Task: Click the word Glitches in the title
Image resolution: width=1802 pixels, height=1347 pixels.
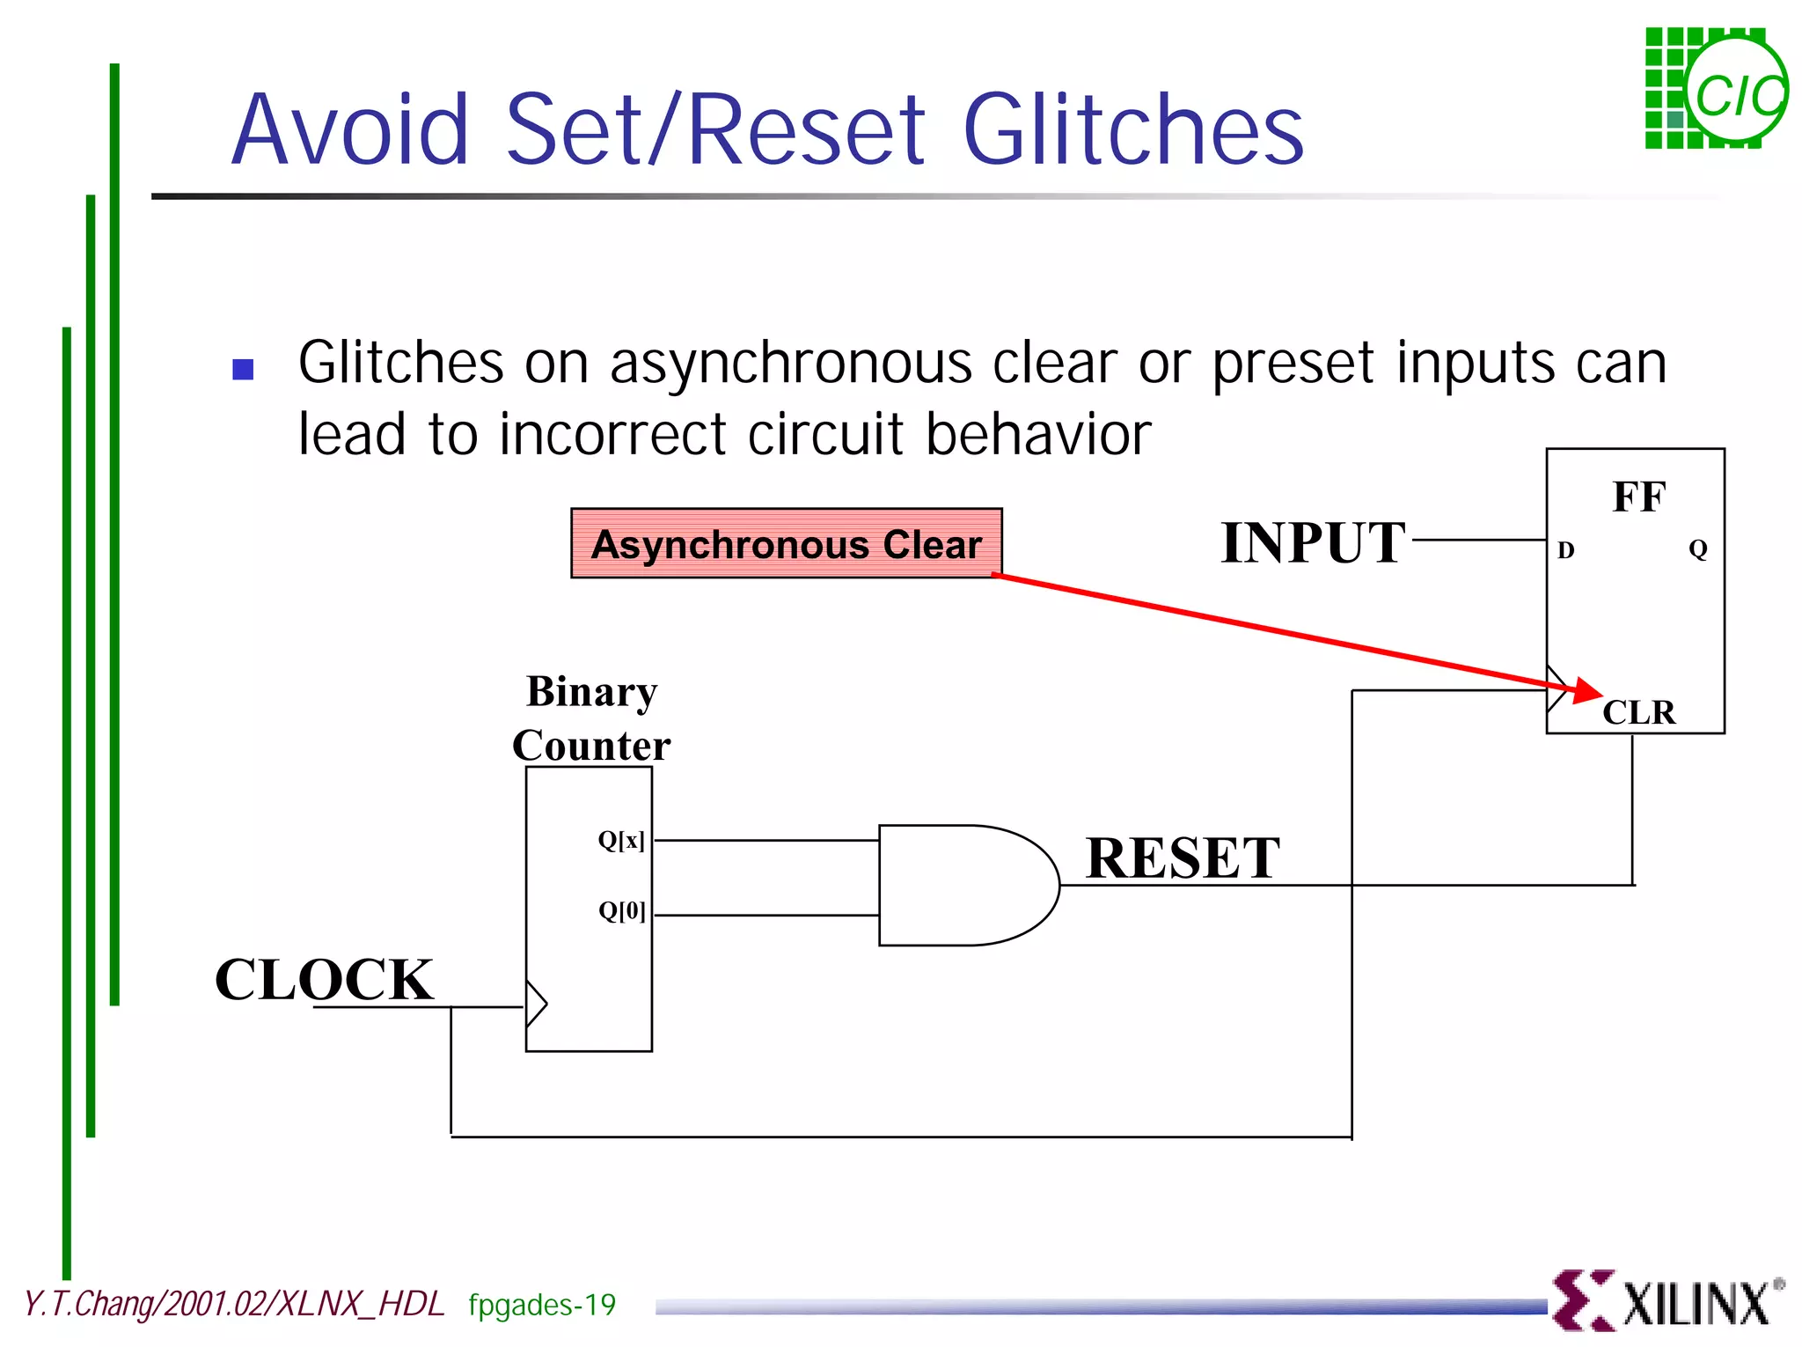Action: coord(1133,130)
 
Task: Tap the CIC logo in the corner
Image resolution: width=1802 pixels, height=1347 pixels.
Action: coord(1716,89)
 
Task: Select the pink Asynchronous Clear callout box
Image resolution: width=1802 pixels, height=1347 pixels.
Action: coord(786,543)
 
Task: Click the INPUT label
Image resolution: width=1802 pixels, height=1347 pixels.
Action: coord(1312,542)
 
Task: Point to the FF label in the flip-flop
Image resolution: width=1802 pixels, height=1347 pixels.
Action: coord(1638,497)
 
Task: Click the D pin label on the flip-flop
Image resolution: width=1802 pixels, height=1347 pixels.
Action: coord(1565,550)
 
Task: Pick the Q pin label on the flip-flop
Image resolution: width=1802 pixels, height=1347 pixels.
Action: coord(1697,549)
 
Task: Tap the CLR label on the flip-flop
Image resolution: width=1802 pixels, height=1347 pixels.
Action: coord(1638,712)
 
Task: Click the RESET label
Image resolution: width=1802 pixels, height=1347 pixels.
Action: coord(1182,858)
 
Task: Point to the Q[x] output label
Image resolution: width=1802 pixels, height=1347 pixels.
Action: coord(621,840)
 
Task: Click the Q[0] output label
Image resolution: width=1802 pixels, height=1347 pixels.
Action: coord(621,910)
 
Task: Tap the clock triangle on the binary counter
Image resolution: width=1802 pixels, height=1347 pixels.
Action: coord(536,1004)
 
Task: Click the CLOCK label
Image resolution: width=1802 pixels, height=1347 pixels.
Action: coord(324,980)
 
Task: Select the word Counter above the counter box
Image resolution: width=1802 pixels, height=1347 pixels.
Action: coord(591,746)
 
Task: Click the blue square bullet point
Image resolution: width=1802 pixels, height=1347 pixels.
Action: coord(243,369)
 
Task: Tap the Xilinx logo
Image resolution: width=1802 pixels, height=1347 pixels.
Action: coord(1666,1301)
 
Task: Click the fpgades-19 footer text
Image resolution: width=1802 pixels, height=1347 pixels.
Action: coord(542,1305)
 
